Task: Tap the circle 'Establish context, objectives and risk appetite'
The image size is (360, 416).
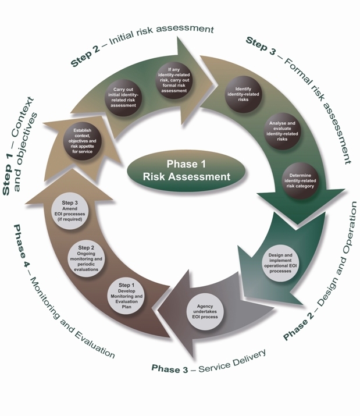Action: [x=82, y=141]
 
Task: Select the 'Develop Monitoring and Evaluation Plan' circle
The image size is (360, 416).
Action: [x=126, y=297]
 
